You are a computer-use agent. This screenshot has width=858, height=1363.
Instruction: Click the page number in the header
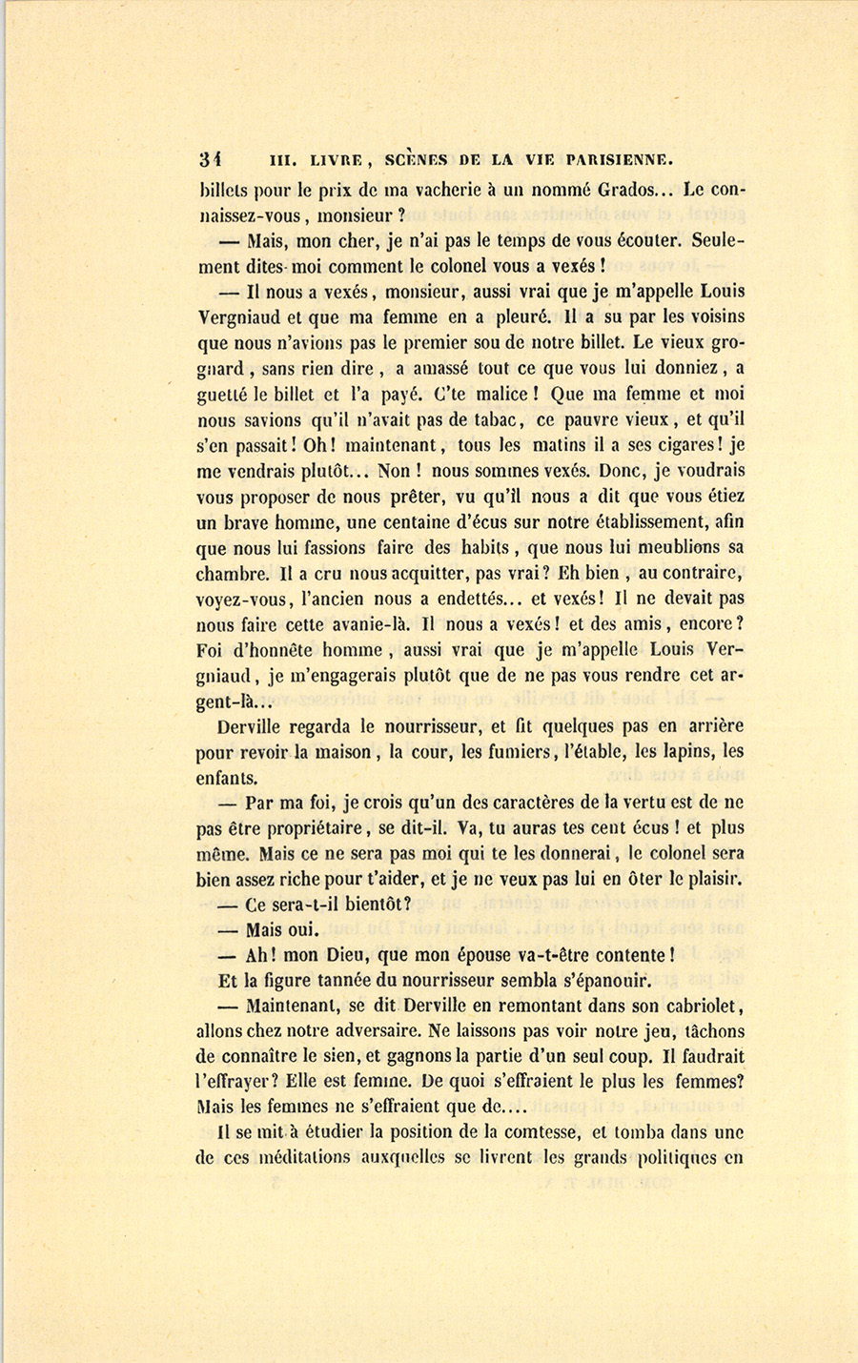coord(210,160)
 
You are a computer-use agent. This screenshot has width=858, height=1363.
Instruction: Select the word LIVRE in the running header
coord(326,160)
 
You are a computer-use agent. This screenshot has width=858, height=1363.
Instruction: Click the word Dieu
coord(347,955)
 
